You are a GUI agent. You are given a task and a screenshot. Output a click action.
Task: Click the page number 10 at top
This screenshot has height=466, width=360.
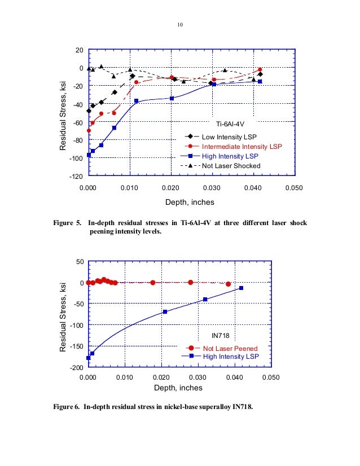[181, 25]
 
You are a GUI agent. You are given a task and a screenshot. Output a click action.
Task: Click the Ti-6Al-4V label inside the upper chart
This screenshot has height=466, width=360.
[231, 123]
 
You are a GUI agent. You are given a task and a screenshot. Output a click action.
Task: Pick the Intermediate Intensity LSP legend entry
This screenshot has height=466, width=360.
[242, 146]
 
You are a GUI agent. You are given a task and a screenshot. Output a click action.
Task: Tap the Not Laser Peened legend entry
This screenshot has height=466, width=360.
[231, 348]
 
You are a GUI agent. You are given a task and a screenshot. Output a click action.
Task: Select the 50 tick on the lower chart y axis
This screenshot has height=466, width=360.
[80, 262]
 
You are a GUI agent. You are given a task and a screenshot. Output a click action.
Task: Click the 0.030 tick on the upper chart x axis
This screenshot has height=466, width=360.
[212, 187]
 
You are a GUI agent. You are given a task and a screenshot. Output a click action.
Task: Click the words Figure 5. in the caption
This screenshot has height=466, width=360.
[69, 223]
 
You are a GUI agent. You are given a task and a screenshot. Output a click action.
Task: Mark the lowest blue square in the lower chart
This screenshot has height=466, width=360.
[89, 358]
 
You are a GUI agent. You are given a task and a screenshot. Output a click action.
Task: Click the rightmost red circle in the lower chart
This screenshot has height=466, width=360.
[228, 284]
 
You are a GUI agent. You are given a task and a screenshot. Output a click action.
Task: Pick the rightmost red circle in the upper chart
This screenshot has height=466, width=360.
[260, 70]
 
